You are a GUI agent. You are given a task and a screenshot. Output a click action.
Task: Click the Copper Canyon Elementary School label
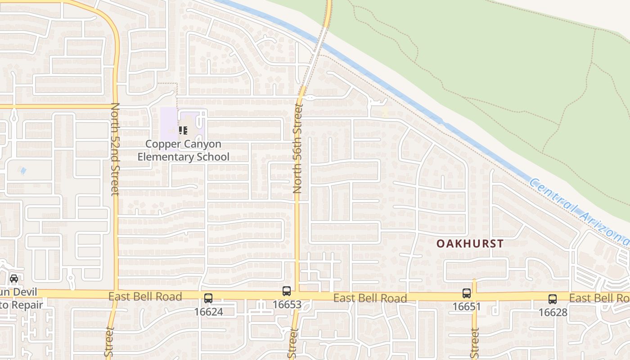point(184,150)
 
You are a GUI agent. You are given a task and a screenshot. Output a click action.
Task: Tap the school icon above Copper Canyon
point(183,130)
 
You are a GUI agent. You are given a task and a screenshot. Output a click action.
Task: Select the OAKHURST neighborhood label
point(470,243)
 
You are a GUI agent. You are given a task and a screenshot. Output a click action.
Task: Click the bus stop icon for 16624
point(208,297)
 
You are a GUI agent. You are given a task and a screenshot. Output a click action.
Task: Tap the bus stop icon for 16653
point(287,291)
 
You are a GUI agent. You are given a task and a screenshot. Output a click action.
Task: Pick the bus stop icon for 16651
point(467,293)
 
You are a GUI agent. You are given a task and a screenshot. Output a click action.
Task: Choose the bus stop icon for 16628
point(552,299)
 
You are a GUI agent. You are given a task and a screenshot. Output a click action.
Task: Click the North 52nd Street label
point(115,149)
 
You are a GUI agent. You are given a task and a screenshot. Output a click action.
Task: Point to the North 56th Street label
point(297,148)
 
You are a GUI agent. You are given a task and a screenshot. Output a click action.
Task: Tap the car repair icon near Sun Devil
point(14,278)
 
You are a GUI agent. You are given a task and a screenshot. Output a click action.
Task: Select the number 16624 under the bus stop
point(208,311)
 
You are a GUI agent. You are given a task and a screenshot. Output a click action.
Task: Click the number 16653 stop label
point(287,305)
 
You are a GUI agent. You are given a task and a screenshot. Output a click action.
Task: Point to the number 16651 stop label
point(467,307)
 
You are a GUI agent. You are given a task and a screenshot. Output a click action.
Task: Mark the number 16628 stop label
point(553,312)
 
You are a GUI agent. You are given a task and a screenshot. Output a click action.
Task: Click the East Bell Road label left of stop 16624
point(145,296)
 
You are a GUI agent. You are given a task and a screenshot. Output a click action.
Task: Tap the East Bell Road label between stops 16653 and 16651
point(370,298)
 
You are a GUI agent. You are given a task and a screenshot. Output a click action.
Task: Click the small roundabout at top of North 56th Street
point(310,97)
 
